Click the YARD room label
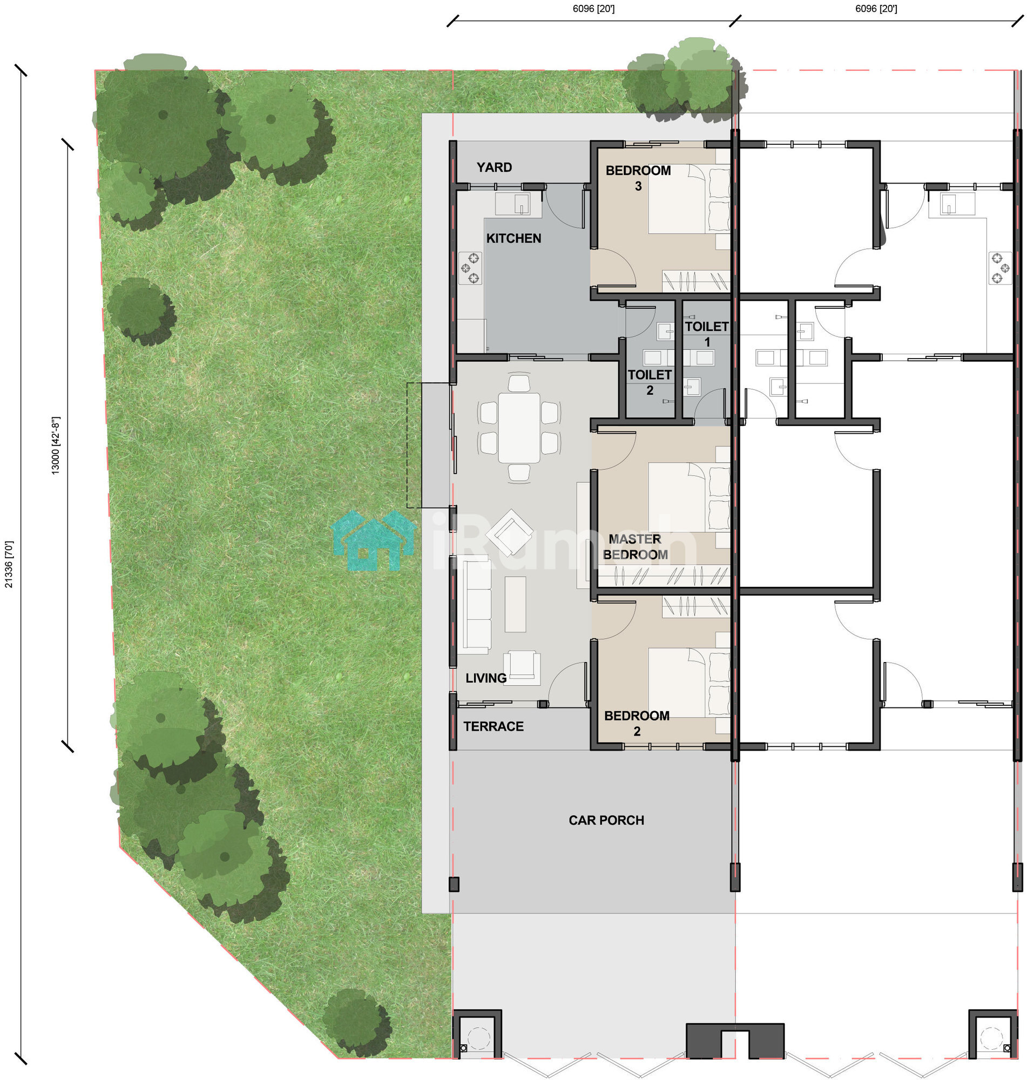(x=494, y=167)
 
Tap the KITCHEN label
(x=513, y=238)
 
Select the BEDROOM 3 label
(x=638, y=178)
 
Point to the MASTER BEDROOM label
(x=635, y=546)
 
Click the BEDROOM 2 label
(x=637, y=723)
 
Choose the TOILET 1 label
(x=707, y=334)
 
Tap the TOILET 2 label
(x=649, y=382)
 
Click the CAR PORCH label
(x=606, y=820)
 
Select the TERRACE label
(x=493, y=726)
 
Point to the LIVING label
(x=485, y=678)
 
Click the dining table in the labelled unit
(x=518, y=428)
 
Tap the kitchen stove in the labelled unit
(x=470, y=268)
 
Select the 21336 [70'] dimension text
(x=9, y=564)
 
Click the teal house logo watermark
(x=373, y=541)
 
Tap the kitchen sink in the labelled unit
(x=512, y=204)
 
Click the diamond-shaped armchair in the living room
(x=509, y=532)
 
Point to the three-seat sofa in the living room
(x=474, y=604)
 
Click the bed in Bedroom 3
(x=688, y=199)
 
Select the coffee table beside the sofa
(x=515, y=604)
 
